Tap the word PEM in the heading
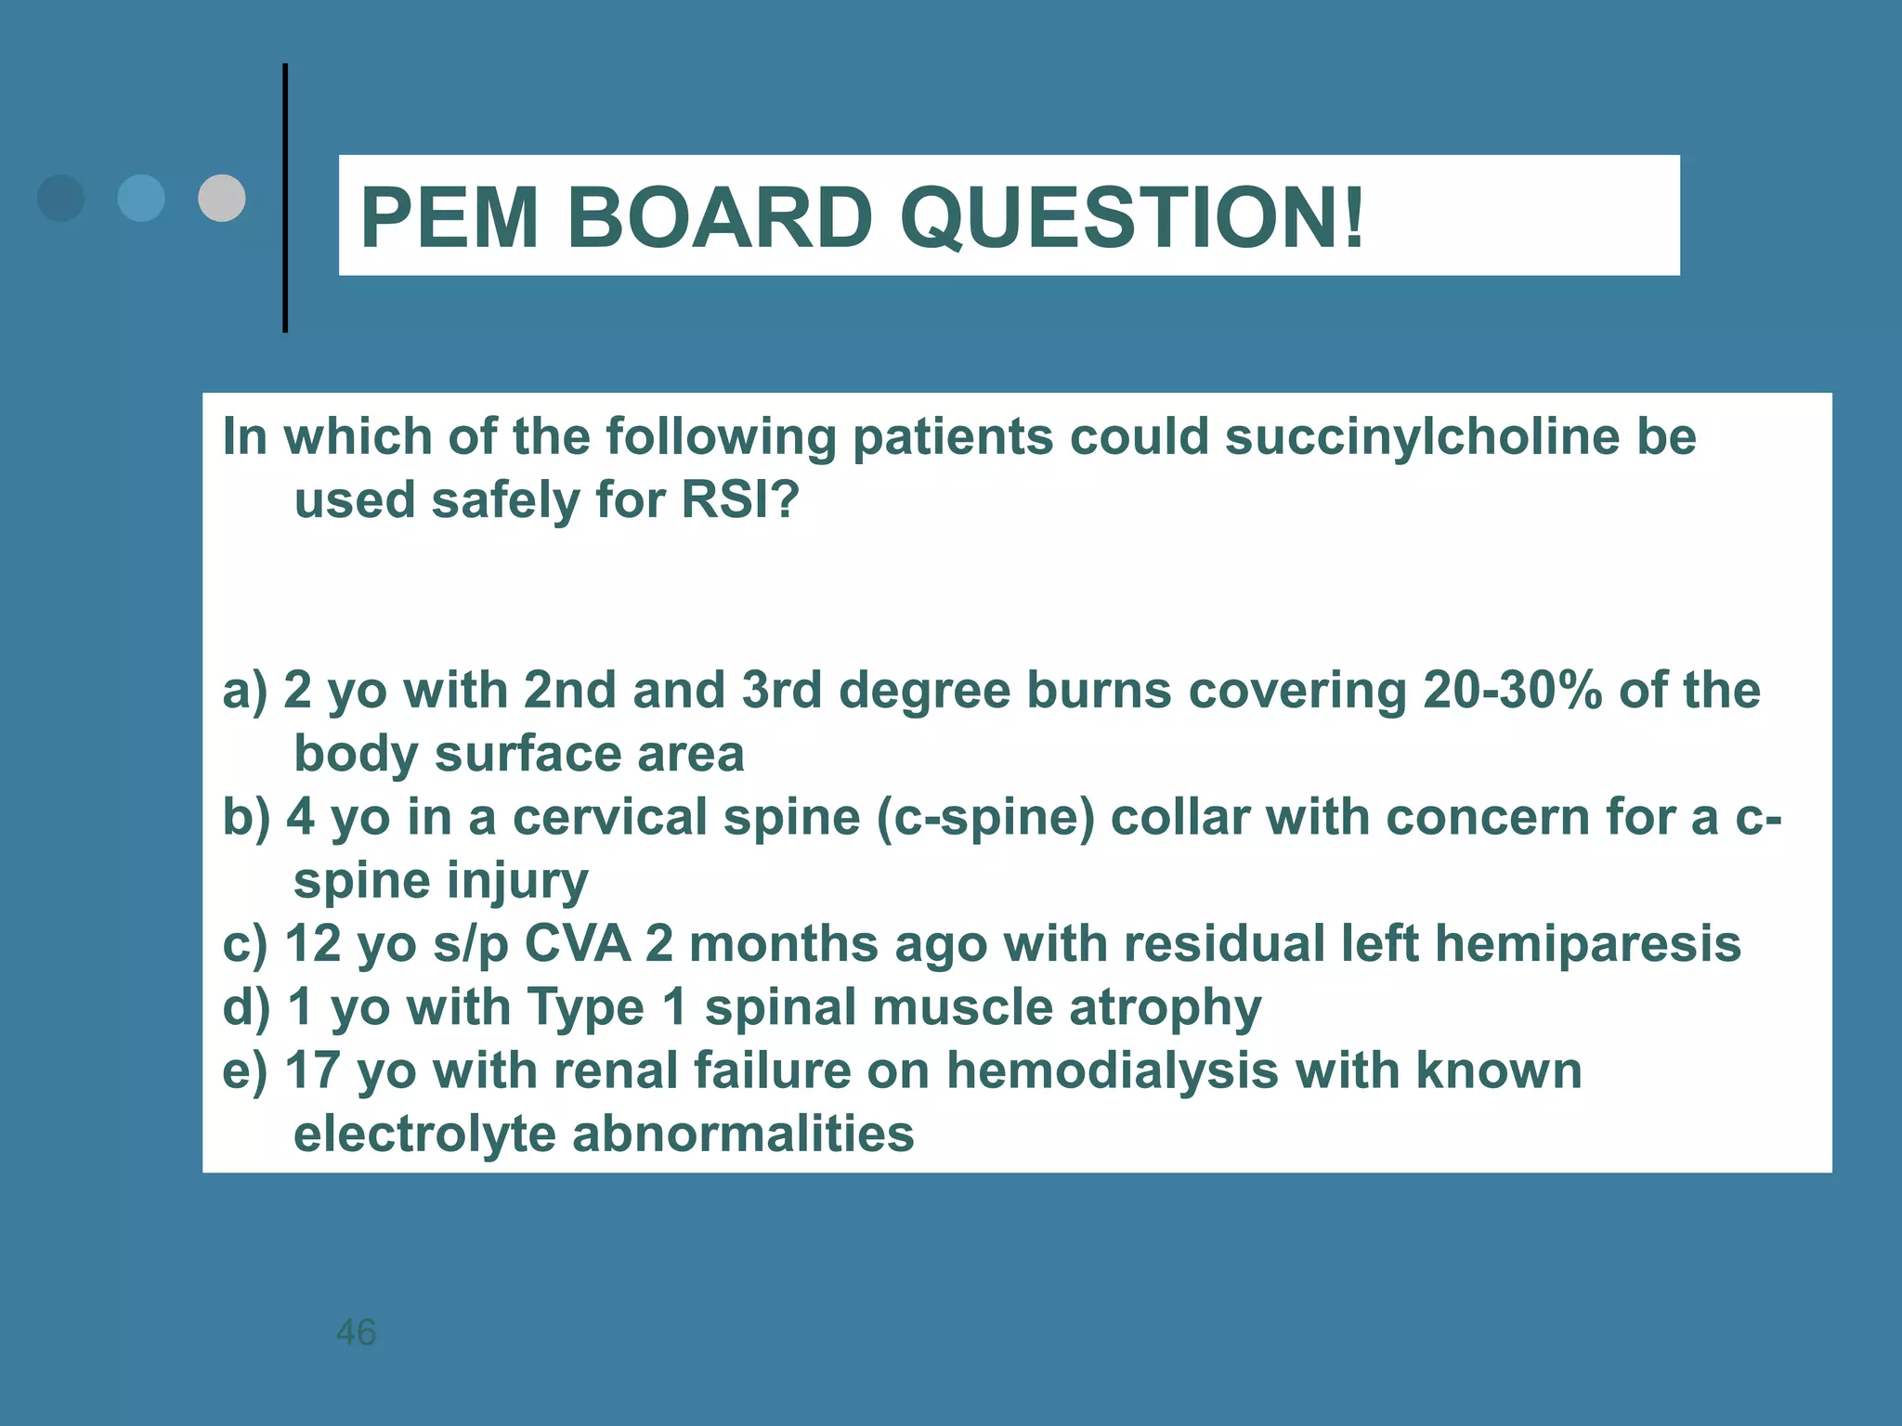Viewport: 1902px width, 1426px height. pos(449,218)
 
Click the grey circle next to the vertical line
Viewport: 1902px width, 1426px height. pos(222,198)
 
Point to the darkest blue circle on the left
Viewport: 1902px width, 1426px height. pos(61,198)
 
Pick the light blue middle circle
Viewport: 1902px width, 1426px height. pos(141,198)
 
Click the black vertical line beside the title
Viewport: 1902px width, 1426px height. pos(285,198)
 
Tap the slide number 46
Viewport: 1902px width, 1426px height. pos(356,1332)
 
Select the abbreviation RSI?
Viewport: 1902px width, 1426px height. pos(739,500)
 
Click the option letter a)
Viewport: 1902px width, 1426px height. pos(244,691)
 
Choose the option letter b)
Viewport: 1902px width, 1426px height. pos(246,818)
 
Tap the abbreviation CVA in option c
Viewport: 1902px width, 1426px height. pos(578,944)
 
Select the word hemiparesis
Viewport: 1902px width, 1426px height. pos(1587,944)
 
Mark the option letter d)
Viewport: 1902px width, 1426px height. pos(246,1007)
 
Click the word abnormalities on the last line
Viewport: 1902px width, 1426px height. pos(742,1134)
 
